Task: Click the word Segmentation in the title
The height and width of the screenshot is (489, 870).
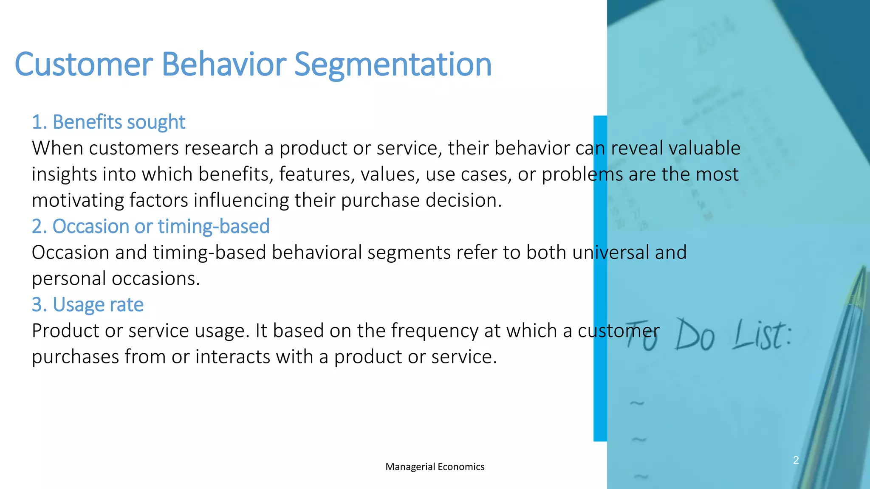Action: click(x=393, y=65)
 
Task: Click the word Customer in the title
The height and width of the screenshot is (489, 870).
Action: click(x=83, y=65)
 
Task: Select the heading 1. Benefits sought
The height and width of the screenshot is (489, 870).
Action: click(x=108, y=122)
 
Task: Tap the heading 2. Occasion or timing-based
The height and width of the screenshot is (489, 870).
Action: click(x=150, y=226)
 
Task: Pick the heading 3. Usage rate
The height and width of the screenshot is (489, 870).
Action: click(x=88, y=305)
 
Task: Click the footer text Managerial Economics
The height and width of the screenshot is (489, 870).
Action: click(x=435, y=467)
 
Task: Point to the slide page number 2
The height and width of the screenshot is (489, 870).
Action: click(x=796, y=460)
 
